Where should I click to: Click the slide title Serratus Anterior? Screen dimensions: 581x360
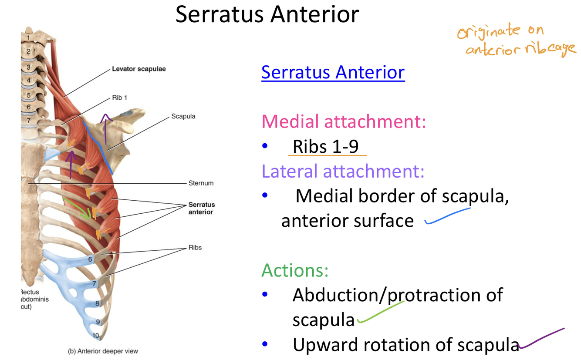pyautogui.click(x=267, y=14)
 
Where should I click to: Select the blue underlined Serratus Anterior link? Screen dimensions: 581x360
pyautogui.click(x=333, y=72)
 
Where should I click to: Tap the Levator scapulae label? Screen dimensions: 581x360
pyautogui.click(x=138, y=69)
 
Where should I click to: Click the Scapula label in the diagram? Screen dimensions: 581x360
pyautogui.click(x=183, y=117)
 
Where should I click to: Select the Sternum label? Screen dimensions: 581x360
pyautogui.click(x=201, y=183)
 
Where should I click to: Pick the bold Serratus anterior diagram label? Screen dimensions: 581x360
pyautogui.click(x=201, y=208)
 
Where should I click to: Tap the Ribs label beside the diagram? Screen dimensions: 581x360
pyautogui.click(x=195, y=248)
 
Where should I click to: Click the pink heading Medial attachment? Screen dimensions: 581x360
pyautogui.click(x=343, y=121)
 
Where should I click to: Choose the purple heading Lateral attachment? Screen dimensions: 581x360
pyautogui.click(x=343, y=172)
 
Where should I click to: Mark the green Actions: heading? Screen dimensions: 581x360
pyautogui.click(x=294, y=270)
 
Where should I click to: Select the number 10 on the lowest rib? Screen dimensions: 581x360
pyautogui.click(x=96, y=336)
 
